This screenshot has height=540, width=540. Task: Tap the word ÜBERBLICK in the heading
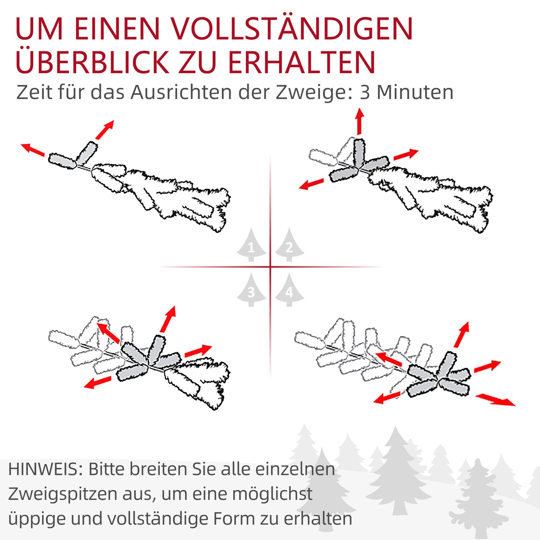coord(92,62)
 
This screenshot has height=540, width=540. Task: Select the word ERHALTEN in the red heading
coord(301,62)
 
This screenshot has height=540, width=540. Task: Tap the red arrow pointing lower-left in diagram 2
coord(311,184)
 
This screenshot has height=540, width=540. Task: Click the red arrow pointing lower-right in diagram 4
coord(495,399)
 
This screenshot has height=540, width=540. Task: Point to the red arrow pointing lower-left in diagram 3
coord(97,383)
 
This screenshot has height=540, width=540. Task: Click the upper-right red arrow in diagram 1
coord(105,130)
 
